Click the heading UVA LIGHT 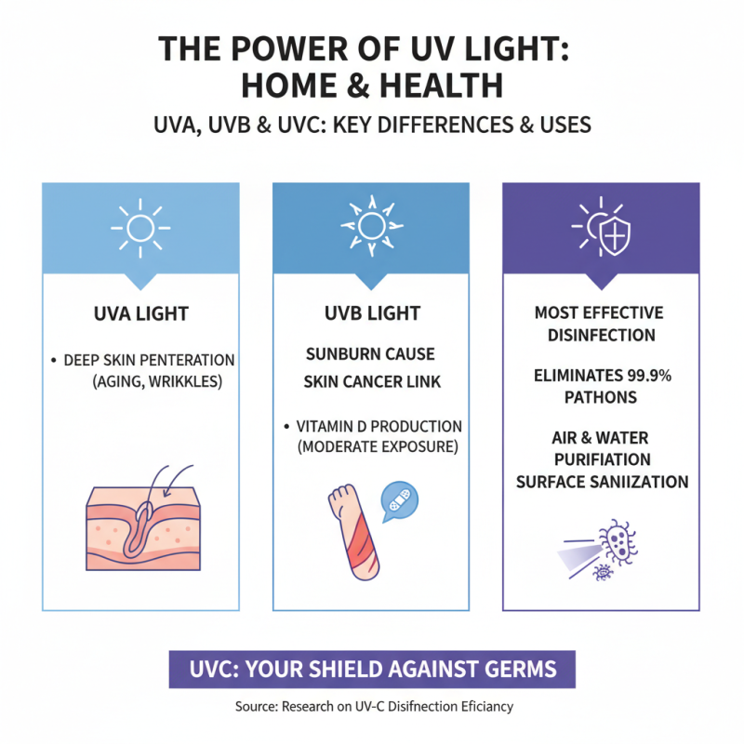point(140,313)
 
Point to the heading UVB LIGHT point(370,313)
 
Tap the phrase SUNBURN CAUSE point(370,354)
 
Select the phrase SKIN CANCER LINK point(370,382)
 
